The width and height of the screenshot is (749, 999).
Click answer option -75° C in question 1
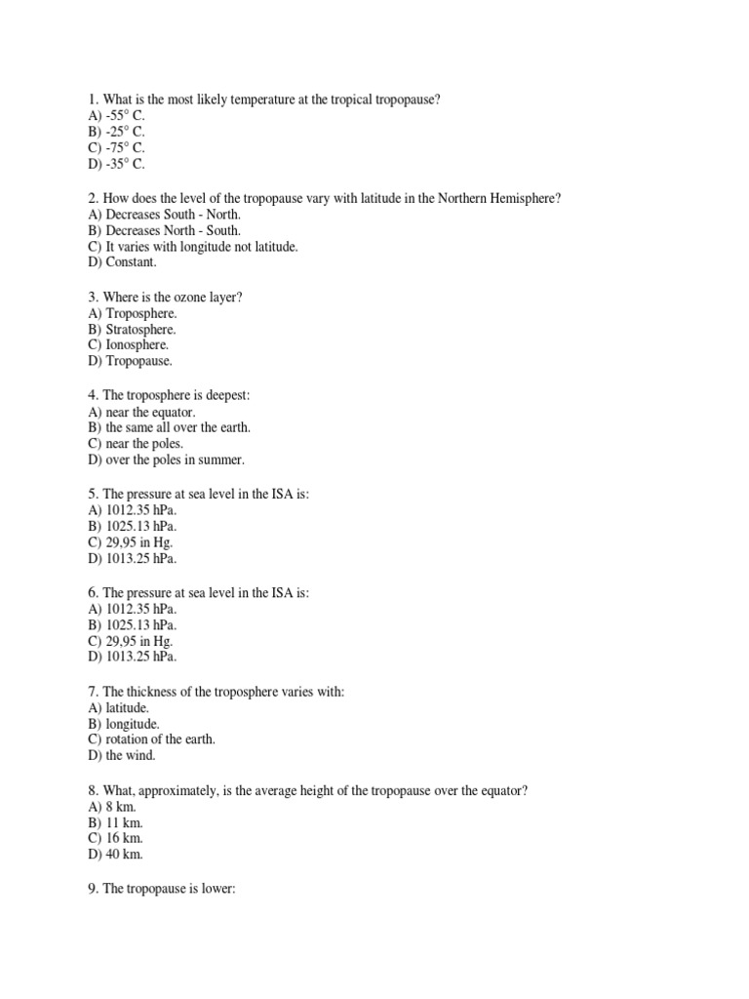pyautogui.click(x=116, y=148)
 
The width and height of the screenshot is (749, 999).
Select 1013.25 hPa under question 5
pyautogui.click(x=133, y=560)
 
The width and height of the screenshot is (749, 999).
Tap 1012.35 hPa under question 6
pyautogui.click(x=133, y=609)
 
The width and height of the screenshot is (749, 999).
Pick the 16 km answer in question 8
pyautogui.click(x=116, y=839)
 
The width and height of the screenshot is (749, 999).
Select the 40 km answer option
pyautogui.click(x=116, y=856)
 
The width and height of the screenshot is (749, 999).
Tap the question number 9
pyautogui.click(x=92, y=890)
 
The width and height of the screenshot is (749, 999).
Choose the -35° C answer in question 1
pyautogui.click(x=116, y=165)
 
